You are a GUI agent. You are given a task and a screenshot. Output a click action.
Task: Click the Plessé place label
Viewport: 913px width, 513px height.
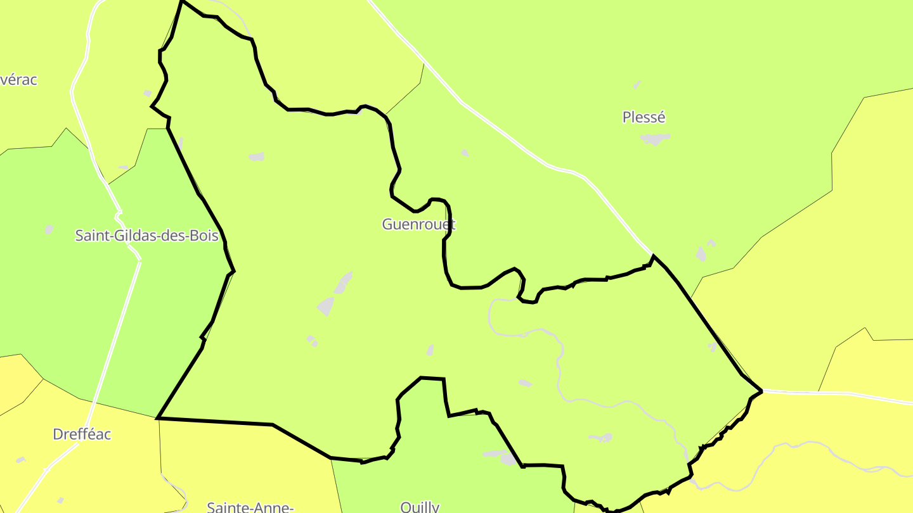click(x=644, y=117)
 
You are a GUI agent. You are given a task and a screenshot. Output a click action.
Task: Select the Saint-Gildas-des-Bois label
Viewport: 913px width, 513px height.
click(x=146, y=236)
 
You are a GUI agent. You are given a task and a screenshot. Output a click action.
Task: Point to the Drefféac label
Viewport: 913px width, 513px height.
click(x=82, y=434)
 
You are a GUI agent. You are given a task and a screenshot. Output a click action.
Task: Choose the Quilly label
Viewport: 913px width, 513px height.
click(x=420, y=507)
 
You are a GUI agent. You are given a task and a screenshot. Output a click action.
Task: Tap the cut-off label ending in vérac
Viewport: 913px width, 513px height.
click(x=19, y=80)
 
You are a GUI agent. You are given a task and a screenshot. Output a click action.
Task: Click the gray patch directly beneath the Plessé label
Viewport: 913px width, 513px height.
click(x=655, y=138)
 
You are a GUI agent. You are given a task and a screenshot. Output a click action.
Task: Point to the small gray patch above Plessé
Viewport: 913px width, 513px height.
click(x=637, y=84)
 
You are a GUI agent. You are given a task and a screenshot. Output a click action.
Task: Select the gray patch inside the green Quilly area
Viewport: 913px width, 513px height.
click(x=501, y=455)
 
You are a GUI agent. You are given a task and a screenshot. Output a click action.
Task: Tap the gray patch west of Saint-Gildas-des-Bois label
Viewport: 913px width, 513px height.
click(x=49, y=229)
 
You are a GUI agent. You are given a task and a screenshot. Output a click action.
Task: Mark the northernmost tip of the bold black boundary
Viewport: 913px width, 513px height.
click(x=182, y=1)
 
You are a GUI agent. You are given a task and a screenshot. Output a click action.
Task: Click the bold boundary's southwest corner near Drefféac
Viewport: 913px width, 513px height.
click(x=157, y=418)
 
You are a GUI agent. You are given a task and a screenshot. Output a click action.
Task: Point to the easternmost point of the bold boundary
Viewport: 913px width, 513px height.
click(x=761, y=391)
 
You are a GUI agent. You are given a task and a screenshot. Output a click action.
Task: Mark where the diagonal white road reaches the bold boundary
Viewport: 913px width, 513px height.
click(x=652, y=255)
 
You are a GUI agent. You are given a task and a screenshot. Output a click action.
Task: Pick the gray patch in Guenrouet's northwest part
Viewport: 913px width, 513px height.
click(x=257, y=156)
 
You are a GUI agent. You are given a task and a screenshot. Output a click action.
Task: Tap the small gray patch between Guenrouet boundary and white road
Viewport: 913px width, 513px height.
click(x=465, y=153)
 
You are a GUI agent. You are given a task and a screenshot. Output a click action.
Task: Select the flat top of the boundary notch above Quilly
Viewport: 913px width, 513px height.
click(x=432, y=379)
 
